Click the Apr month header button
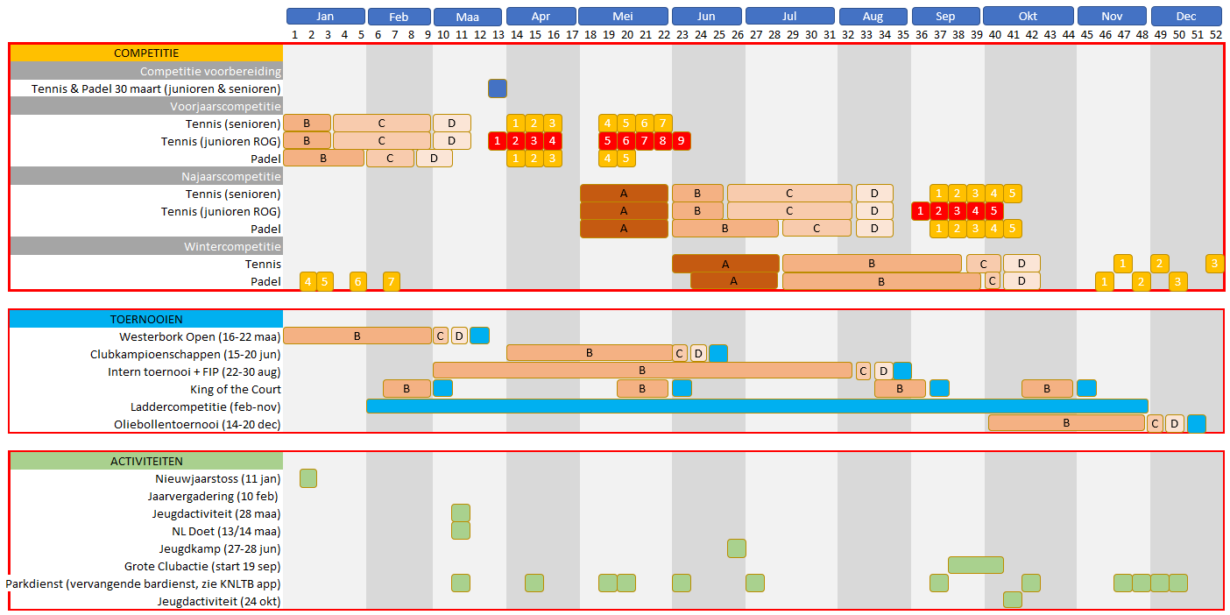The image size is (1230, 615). [541, 17]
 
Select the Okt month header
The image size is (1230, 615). [1028, 17]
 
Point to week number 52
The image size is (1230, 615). [1215, 34]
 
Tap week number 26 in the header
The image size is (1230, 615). [737, 34]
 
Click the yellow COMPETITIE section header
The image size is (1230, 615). [146, 53]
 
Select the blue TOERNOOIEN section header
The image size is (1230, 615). [146, 319]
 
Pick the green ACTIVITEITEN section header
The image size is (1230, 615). [146, 461]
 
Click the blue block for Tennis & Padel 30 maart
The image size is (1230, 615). [498, 88]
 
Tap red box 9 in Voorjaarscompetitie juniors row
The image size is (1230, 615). [681, 141]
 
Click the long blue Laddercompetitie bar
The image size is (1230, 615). [757, 406]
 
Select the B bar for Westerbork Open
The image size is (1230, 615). [357, 336]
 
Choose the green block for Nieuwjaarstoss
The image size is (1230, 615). [308, 478]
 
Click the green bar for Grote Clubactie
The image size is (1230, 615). [975, 565]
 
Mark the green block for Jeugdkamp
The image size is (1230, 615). [737, 548]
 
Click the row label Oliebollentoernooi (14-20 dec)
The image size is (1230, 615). [197, 425]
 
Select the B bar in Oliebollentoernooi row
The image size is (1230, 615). [1066, 423]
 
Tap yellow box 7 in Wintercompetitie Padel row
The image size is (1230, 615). [392, 281]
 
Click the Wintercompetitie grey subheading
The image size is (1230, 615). [232, 246]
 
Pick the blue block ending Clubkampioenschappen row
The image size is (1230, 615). [718, 353]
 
